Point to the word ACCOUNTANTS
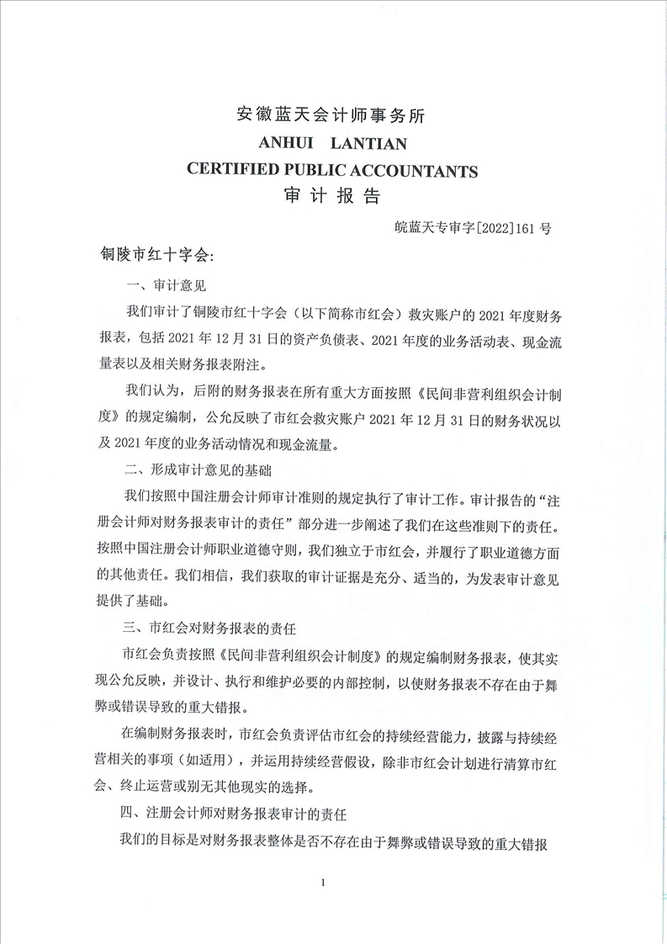(416, 171)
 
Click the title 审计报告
(334, 197)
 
